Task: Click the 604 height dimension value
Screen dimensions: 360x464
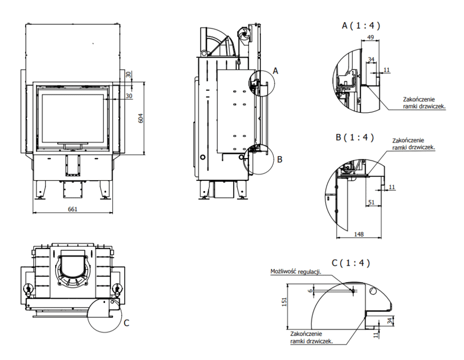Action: tap(140, 117)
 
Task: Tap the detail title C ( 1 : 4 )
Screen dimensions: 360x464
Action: tap(351, 263)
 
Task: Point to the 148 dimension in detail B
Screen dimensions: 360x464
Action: tap(359, 234)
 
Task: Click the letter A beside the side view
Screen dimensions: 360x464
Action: tap(275, 71)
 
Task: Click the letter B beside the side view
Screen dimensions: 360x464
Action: tap(279, 159)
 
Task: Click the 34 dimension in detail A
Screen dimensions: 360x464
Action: tap(371, 59)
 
